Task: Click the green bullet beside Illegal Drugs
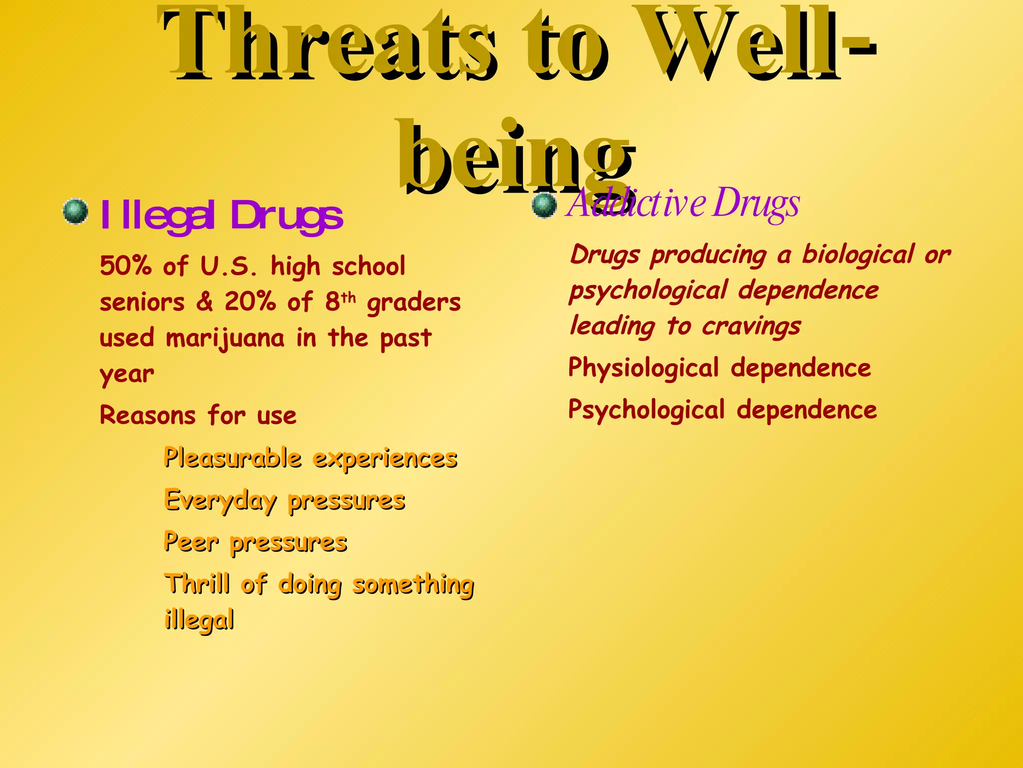coord(76,212)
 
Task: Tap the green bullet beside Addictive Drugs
coord(544,205)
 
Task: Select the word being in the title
coord(514,155)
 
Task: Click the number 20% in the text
coord(250,301)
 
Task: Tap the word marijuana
coord(225,338)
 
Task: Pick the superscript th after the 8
coord(349,298)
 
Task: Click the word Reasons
coord(148,415)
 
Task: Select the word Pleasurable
coord(233,458)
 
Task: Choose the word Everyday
coord(220,500)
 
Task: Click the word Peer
coord(191,542)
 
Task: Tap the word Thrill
coord(198,583)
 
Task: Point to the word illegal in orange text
coord(199,620)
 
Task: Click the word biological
coord(858,255)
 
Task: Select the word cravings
coord(751,327)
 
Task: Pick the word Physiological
coord(643,368)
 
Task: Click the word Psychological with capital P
coord(646,410)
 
